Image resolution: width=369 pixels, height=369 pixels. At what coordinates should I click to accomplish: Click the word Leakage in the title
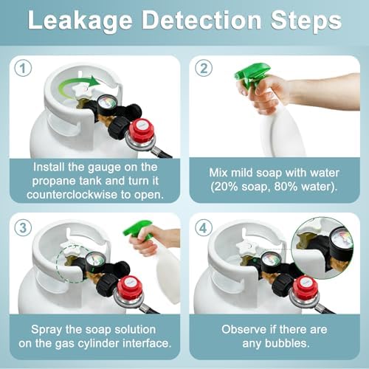point(80,21)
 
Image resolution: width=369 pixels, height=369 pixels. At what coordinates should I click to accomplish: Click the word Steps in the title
point(306,20)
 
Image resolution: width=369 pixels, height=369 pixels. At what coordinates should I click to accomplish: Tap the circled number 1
point(23,68)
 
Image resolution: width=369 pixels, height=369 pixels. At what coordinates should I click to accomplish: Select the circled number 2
point(204,68)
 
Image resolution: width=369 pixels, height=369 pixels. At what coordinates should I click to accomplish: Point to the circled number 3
point(23,227)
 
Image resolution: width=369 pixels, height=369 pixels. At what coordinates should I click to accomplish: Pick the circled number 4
point(204,227)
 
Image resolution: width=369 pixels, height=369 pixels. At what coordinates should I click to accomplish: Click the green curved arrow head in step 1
point(94,81)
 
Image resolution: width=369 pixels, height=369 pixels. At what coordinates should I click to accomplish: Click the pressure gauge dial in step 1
point(108,105)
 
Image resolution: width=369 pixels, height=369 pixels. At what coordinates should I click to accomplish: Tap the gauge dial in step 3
point(96,261)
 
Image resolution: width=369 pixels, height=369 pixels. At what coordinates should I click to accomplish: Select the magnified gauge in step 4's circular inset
point(341,243)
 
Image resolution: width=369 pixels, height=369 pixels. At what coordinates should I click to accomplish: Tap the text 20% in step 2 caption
point(224,187)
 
